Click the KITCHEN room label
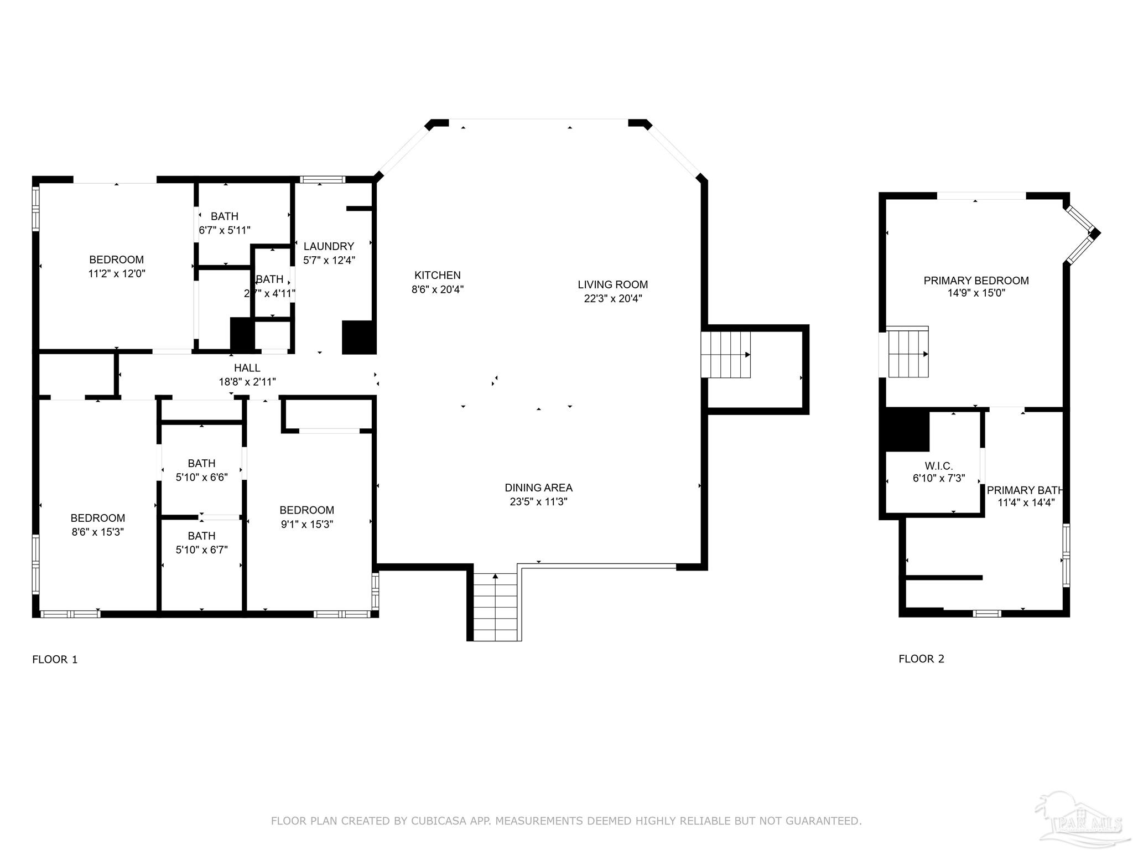[x=437, y=276]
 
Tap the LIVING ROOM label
[x=612, y=285]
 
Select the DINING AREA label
[x=538, y=488]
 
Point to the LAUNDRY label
[x=329, y=247]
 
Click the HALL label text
[x=247, y=368]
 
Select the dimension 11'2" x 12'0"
[x=116, y=274]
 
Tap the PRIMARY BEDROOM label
[x=976, y=281]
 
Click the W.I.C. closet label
[x=938, y=467]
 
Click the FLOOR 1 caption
[x=55, y=660]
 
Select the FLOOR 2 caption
[x=921, y=659]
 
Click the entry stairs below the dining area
[x=495, y=608]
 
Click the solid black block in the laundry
[x=358, y=337]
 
